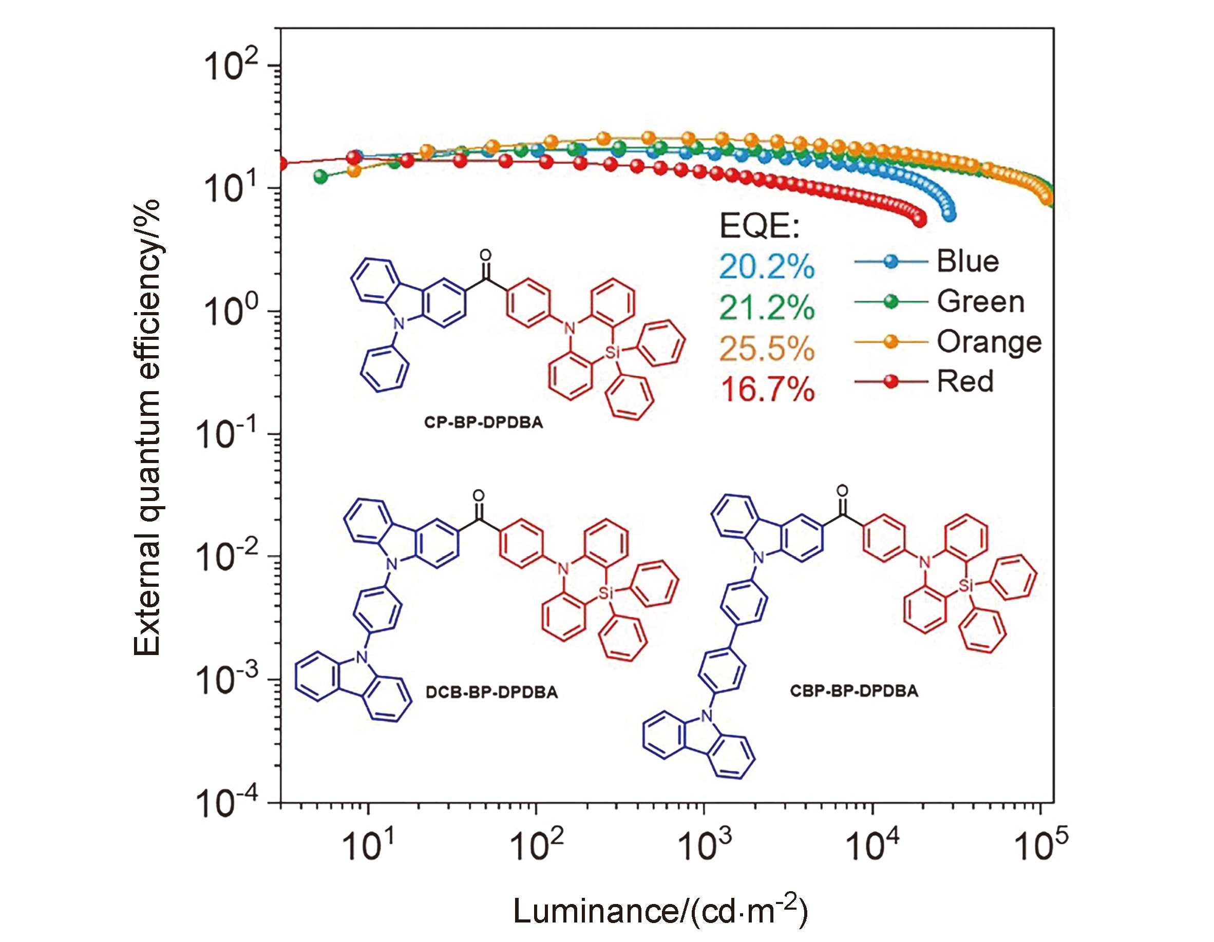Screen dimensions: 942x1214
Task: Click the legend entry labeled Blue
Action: (967, 261)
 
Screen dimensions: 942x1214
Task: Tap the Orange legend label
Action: (989, 342)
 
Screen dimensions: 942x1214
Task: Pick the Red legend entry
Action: (965, 382)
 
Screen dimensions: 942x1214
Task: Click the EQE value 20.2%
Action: (767, 267)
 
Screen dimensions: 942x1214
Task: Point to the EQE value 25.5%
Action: (767, 349)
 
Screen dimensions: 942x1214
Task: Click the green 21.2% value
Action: (767, 308)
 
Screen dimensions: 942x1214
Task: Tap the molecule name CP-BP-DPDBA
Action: (483, 422)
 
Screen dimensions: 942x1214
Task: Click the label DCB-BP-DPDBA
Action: (491, 693)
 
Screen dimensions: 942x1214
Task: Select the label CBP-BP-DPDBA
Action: (854, 691)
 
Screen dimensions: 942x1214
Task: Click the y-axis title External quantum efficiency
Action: (147, 428)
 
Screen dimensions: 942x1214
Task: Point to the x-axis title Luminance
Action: (659, 911)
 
